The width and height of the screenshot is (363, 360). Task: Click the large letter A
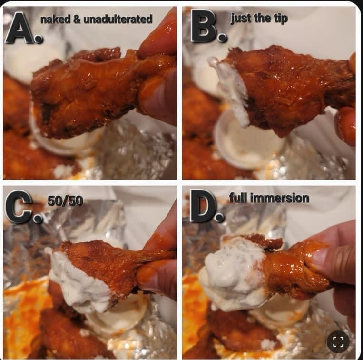point(20,28)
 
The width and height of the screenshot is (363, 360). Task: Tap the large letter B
point(204,26)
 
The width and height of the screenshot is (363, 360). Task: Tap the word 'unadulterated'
point(118,20)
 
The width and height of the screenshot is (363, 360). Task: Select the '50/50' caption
point(65,200)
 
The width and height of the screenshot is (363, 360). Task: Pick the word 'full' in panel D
point(238,198)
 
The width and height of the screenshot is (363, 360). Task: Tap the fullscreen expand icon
point(338,342)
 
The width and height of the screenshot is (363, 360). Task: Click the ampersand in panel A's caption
point(77,20)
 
